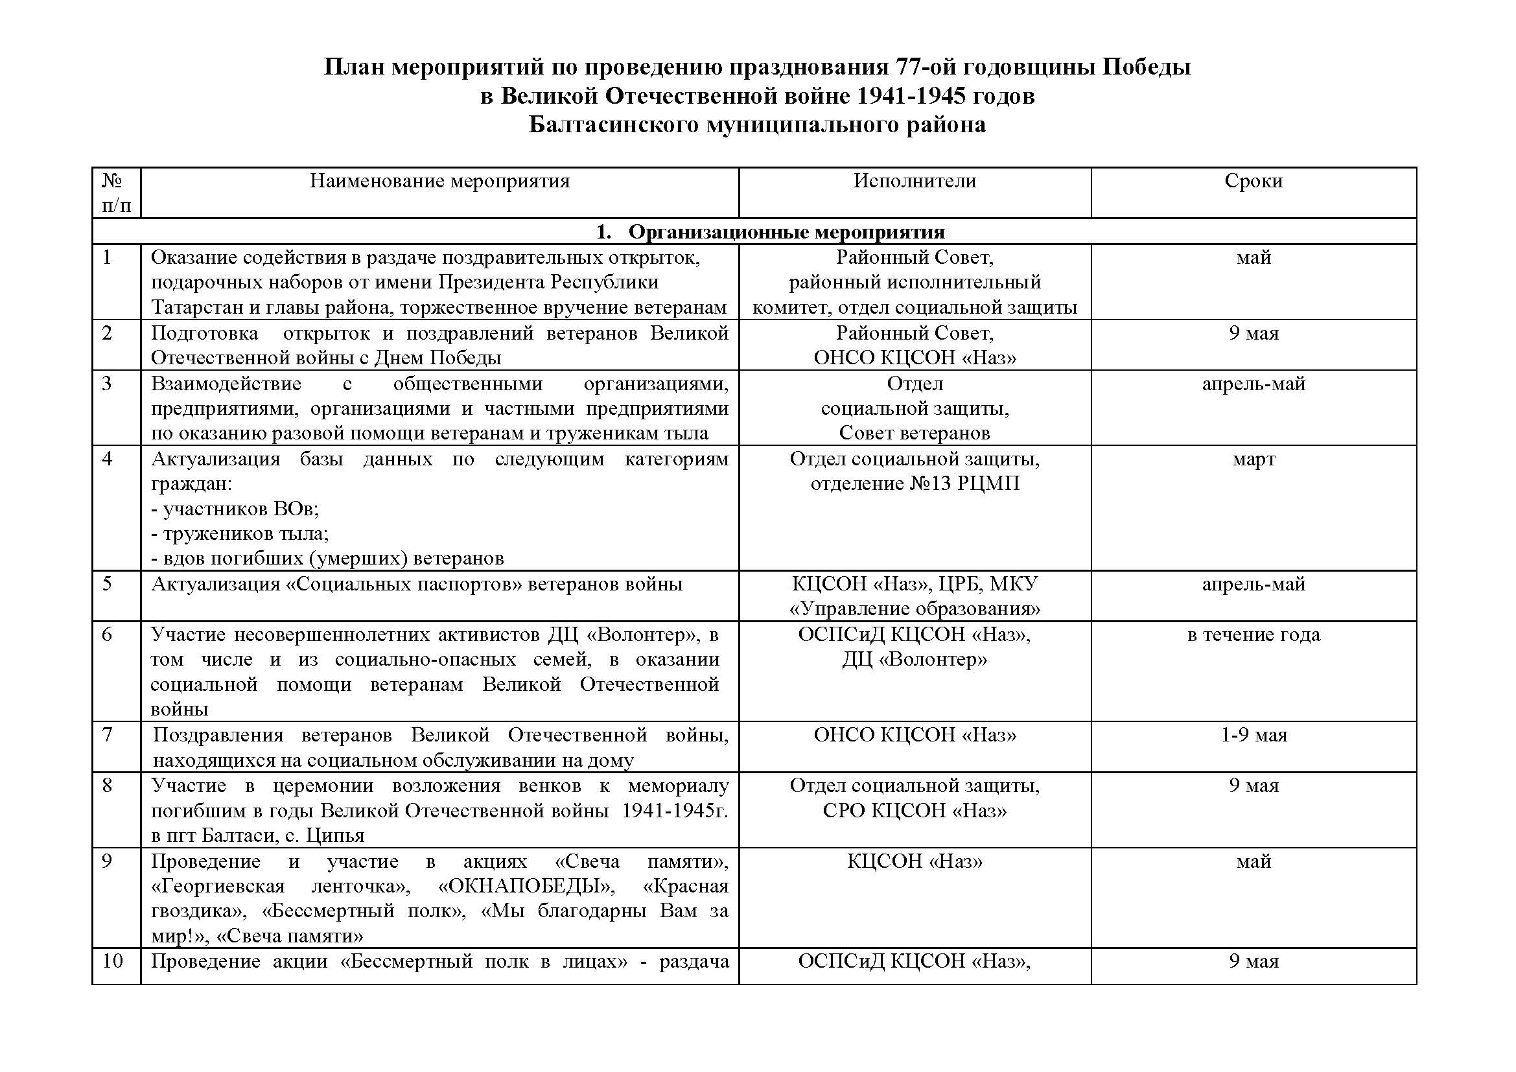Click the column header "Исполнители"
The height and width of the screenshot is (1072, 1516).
pyautogui.click(x=915, y=181)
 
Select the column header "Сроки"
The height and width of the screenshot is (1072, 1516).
pyautogui.click(x=1254, y=181)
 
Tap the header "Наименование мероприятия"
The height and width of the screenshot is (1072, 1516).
pyautogui.click(x=439, y=181)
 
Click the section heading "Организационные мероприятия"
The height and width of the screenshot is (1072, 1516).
pyautogui.click(x=786, y=231)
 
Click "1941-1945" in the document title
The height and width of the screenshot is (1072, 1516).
pyautogui.click(x=908, y=97)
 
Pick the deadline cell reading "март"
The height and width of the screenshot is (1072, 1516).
pyautogui.click(x=1254, y=460)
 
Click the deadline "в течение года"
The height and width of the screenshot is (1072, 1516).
pyautogui.click(x=1254, y=635)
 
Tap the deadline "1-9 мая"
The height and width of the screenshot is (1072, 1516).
pyautogui.click(x=1254, y=736)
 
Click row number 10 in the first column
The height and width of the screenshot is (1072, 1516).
pyautogui.click(x=113, y=961)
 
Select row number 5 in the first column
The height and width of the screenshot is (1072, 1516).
pyautogui.click(x=108, y=584)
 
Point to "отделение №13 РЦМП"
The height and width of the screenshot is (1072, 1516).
pyautogui.click(x=915, y=484)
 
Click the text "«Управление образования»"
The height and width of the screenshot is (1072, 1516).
pyautogui.click(x=915, y=609)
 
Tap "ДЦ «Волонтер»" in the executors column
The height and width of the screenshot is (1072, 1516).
pyautogui.click(x=915, y=659)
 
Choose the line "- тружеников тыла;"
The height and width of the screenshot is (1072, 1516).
pyautogui.click(x=240, y=533)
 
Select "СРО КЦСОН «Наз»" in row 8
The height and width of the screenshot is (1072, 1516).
pyautogui.click(x=915, y=811)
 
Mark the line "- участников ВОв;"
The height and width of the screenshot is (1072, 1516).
pyautogui.click(x=236, y=509)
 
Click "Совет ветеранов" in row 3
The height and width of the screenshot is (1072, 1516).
pyautogui.click(x=915, y=434)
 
